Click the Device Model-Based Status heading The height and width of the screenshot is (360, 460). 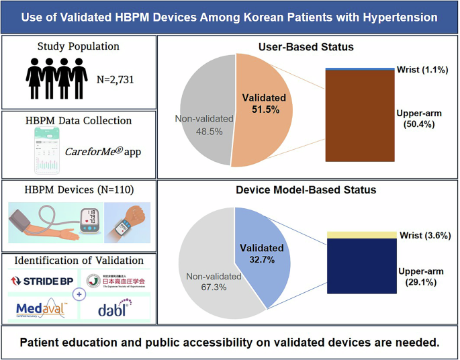(307, 190)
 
